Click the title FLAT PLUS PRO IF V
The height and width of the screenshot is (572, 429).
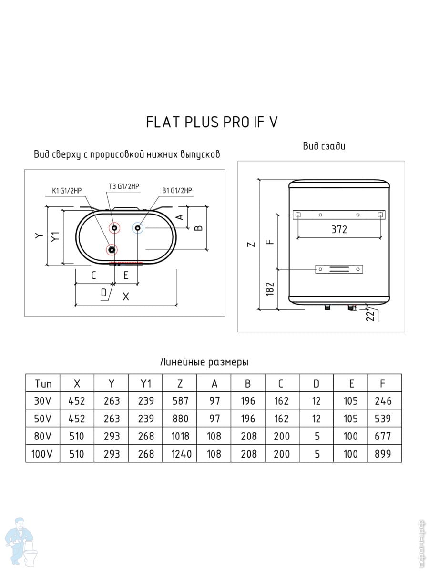212,122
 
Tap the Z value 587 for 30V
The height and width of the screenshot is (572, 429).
180,401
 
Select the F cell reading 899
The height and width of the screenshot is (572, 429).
383,454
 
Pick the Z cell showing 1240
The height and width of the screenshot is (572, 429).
181,454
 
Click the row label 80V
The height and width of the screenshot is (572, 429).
43,437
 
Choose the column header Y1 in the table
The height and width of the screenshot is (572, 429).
145,384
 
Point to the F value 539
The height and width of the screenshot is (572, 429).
383,419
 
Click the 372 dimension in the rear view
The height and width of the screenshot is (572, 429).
339,230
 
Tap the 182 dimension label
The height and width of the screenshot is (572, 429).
270,288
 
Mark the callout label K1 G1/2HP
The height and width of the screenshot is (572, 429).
67,191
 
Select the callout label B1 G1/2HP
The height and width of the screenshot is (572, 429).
177,191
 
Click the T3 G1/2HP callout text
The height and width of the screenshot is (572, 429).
124,186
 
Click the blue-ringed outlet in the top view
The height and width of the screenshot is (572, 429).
138,228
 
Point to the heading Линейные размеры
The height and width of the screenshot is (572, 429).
204,362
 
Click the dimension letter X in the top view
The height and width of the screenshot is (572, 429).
126,296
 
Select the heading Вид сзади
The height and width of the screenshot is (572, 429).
324,146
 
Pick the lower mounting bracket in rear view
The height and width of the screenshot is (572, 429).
339,269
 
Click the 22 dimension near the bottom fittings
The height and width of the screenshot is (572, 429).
370,316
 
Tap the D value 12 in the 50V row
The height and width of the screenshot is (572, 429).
316,419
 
